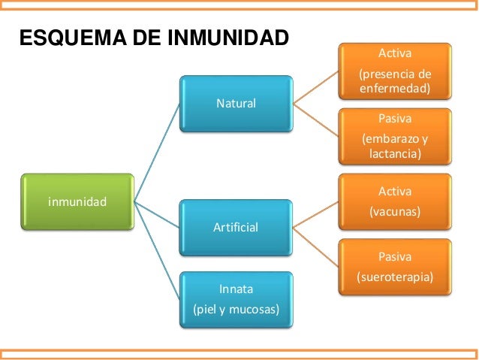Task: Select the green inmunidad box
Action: click(x=77, y=201)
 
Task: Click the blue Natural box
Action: click(x=236, y=102)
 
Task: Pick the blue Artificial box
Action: click(x=236, y=226)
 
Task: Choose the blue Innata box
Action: click(x=236, y=298)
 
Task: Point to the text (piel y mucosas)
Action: click(x=236, y=309)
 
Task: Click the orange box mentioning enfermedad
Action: click(x=396, y=71)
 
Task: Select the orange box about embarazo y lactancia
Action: click(x=396, y=136)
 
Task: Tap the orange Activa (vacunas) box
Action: click(x=396, y=202)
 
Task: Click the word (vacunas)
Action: click(x=396, y=212)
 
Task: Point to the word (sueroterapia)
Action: click(x=396, y=277)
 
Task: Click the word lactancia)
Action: click(x=396, y=153)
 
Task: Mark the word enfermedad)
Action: click(x=396, y=89)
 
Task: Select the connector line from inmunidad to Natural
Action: click(x=158, y=150)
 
